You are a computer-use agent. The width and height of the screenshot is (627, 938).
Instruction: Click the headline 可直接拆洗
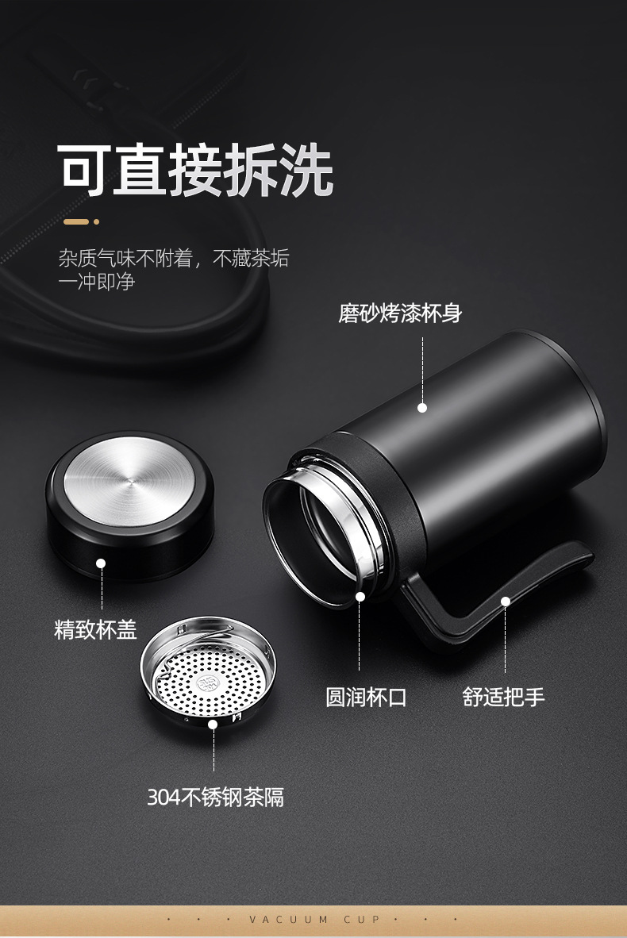coord(195,170)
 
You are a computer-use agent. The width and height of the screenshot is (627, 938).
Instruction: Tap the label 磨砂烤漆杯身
coord(400,313)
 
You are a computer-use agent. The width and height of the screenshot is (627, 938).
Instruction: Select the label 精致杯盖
coord(95,630)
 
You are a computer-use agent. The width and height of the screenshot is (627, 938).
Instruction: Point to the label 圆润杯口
coord(366,698)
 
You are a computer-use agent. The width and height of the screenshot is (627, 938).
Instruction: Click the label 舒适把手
coord(504,698)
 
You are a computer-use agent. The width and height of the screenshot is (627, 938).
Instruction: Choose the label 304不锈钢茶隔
coord(215,797)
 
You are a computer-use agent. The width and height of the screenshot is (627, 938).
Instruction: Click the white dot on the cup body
coord(422,408)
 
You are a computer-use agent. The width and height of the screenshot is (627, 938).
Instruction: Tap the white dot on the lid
coord(101,563)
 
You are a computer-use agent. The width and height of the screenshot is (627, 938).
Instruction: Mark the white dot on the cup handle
coord(505,602)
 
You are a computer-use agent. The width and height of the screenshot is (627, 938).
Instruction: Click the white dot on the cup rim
coord(360,596)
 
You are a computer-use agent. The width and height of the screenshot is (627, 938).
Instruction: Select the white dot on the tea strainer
coord(213,724)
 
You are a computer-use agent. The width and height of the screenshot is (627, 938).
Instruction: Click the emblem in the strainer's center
coord(207,682)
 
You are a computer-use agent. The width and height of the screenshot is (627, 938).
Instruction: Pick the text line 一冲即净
coord(96,282)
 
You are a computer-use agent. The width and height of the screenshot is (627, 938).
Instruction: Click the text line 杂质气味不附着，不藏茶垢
coord(173,258)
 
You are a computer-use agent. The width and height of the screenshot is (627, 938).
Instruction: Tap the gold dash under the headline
coord(76,221)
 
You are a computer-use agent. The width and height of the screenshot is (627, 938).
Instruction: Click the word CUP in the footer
coord(363,920)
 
